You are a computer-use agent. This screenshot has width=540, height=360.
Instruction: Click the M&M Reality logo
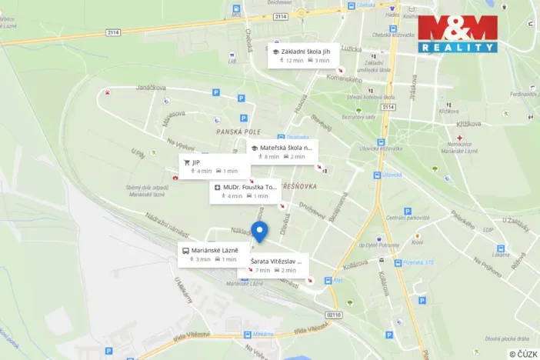point(457,34)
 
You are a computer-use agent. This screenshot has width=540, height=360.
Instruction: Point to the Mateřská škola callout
point(282,152)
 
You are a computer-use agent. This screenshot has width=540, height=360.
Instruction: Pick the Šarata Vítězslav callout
point(278,265)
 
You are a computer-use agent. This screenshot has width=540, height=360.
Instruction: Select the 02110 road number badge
point(333,315)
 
